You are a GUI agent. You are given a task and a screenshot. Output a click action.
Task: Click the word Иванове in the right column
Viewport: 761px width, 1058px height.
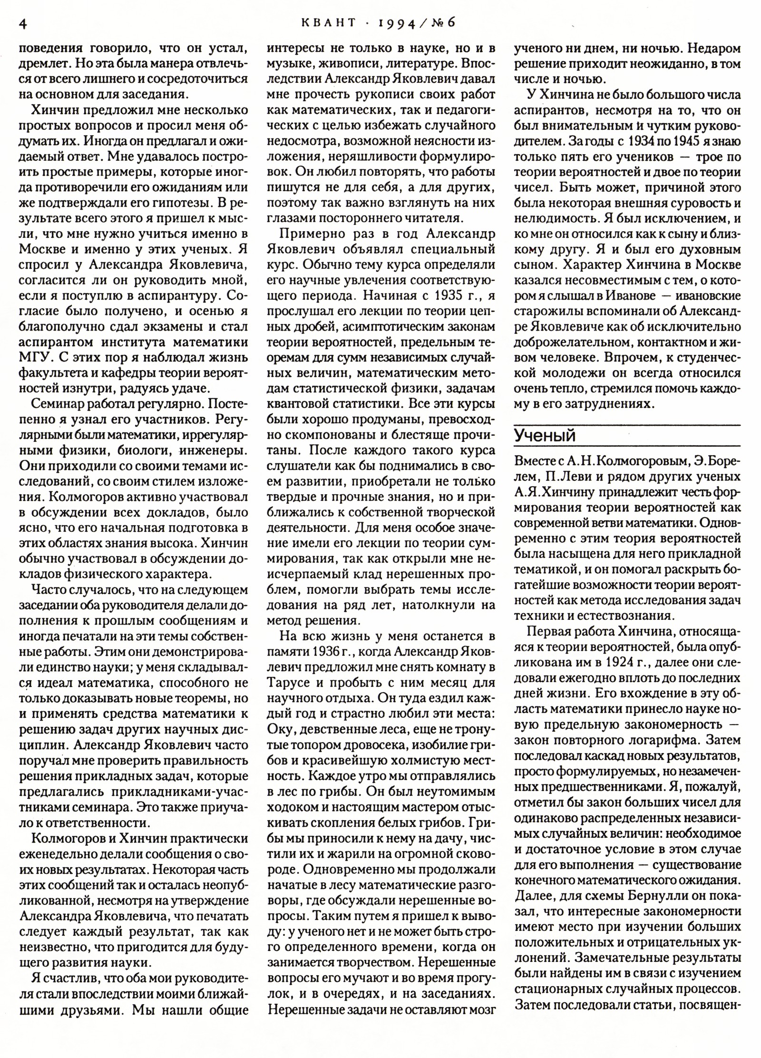click(631, 296)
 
